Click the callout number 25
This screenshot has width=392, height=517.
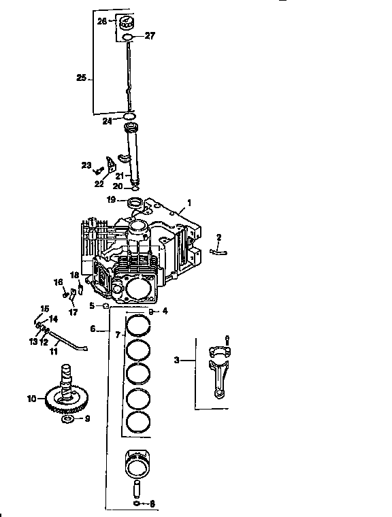pos(80,78)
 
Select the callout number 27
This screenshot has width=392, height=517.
pos(150,35)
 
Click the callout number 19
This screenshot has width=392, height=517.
pos(111,199)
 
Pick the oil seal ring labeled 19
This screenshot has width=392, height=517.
pos(135,201)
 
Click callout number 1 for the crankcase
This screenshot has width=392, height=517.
pos(189,202)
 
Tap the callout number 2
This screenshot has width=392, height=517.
pos(219,237)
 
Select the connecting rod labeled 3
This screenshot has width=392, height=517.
pos(222,371)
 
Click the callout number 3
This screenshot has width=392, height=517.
pos(176,360)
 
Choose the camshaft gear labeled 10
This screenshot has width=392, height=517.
pos(65,401)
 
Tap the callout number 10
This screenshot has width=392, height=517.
pos(31,399)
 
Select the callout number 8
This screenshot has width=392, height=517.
pos(151,504)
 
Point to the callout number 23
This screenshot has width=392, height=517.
pos(86,165)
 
